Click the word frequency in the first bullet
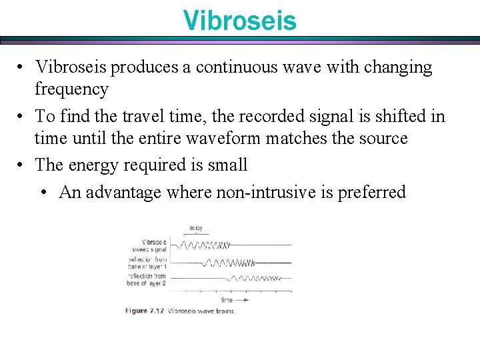click(71, 89)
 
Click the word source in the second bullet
click(381, 139)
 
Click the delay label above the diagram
click(196, 228)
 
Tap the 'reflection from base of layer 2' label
click(147, 279)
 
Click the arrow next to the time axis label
click(244, 301)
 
